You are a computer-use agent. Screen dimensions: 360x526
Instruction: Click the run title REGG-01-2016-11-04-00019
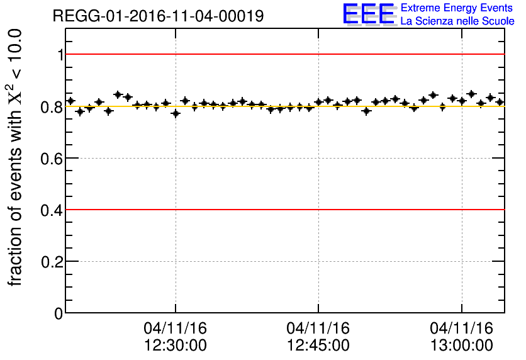pos(158,16)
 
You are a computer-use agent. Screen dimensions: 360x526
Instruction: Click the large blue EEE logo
pos(369,14)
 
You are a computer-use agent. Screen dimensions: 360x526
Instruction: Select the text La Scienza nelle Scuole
pos(457,21)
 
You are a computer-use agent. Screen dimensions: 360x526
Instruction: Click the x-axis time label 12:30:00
pos(175,345)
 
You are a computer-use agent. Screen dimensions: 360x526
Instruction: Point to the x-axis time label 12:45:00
pos(318,345)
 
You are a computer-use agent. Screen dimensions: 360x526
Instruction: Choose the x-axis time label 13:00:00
pos(462,345)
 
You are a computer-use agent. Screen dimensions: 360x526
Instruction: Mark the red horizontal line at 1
pos(283,54)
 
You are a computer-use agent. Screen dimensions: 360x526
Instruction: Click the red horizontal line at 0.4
pos(283,209)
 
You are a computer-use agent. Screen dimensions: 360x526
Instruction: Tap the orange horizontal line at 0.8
pos(283,106)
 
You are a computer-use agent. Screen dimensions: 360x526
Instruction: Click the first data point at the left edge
pos(70,101)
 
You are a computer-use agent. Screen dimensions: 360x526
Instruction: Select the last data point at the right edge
pos(500,102)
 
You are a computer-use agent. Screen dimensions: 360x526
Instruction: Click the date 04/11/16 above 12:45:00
pos(318,329)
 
